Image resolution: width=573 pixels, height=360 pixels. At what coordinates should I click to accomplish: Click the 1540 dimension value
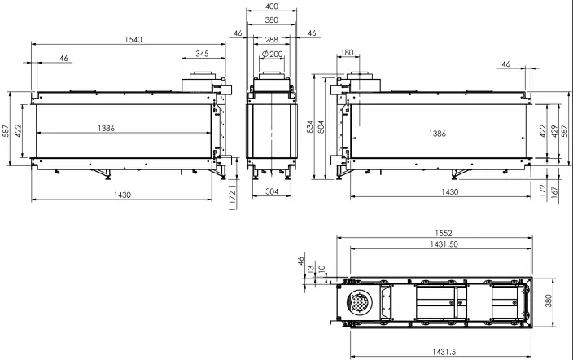click(x=133, y=40)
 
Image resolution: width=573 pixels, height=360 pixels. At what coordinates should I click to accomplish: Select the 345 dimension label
click(x=202, y=54)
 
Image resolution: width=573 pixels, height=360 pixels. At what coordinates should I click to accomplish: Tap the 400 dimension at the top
click(x=272, y=7)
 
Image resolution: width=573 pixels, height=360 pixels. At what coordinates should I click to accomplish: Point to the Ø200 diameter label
click(x=273, y=54)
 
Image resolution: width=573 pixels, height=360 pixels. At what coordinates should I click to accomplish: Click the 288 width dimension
click(x=272, y=39)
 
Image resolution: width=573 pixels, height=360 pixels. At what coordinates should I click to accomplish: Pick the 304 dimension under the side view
click(x=272, y=191)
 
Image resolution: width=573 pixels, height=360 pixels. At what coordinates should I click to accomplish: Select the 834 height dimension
click(x=310, y=126)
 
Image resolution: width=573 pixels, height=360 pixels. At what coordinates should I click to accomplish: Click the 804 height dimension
click(x=321, y=126)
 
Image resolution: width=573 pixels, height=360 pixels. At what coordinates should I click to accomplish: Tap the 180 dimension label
click(x=348, y=52)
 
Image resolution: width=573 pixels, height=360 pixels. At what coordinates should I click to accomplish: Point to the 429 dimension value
click(x=554, y=131)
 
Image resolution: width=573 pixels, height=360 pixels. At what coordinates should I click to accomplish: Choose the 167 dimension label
click(x=554, y=192)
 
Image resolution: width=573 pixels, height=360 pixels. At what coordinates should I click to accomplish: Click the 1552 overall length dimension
click(x=444, y=233)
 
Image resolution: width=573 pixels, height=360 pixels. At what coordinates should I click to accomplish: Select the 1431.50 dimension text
click(x=444, y=244)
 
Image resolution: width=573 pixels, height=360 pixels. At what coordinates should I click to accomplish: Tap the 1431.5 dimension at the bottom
click(x=444, y=352)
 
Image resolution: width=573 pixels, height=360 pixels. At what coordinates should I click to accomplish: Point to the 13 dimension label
click(x=311, y=269)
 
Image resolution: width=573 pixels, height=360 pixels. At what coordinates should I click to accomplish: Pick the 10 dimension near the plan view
click(x=321, y=268)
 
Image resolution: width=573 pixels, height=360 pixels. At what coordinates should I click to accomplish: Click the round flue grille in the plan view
click(x=360, y=302)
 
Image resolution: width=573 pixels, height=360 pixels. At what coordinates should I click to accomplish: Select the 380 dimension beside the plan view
click(x=549, y=301)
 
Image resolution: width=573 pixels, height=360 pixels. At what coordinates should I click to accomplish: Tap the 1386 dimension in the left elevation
click(x=106, y=128)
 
